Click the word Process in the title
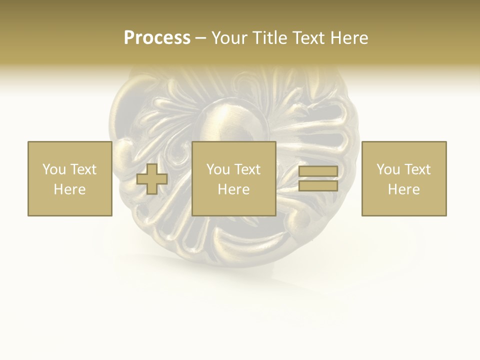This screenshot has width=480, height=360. pos(157,38)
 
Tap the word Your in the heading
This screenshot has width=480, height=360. pos(229,38)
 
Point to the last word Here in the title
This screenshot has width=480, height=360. pos(348,38)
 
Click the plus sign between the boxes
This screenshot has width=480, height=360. pos(152,179)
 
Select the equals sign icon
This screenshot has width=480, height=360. pos(318,179)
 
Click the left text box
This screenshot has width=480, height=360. pos(69,179)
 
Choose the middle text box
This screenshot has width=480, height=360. pos(233,179)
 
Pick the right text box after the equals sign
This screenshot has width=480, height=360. pos(403,179)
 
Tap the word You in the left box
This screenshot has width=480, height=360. pos(54,169)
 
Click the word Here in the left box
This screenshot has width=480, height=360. pos(69,189)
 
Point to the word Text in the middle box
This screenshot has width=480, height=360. pos(247,169)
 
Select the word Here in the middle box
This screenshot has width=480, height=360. pos(233,189)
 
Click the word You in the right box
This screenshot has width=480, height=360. pos(388,169)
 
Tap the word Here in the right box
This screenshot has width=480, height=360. pos(403,189)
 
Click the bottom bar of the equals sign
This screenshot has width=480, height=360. pos(318,186)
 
